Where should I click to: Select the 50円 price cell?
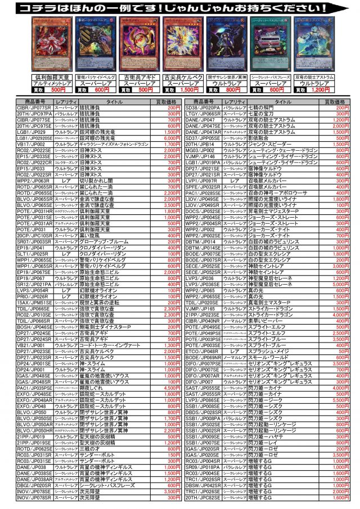[x=343, y=350]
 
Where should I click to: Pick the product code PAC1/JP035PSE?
[x=34, y=388]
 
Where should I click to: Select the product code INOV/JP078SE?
[x=34, y=492]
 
